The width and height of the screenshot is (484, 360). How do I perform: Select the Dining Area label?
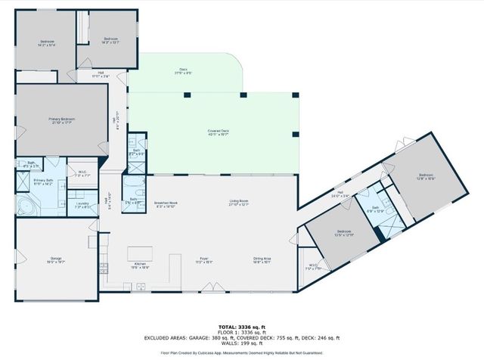click(x=262, y=261)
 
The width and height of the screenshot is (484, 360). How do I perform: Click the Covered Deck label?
click(x=219, y=133)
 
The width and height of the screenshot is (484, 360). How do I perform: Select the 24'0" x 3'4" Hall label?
click(x=346, y=194)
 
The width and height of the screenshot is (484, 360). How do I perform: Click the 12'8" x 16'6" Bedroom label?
click(x=426, y=177)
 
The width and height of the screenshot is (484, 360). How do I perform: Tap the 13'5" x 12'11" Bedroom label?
click(x=344, y=233)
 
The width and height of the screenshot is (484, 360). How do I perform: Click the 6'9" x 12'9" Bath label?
click(x=375, y=209)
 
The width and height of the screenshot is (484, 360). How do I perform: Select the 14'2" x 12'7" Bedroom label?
click(x=111, y=40)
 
